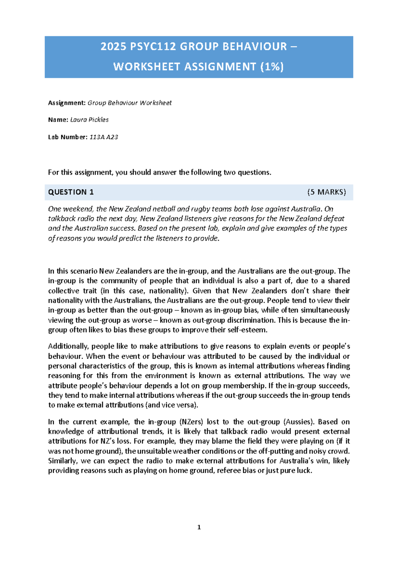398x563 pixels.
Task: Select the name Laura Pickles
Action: click(90, 120)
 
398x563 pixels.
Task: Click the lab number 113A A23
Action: click(104, 137)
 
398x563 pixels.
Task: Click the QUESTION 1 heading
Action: click(71, 192)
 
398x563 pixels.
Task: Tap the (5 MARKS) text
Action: click(326, 192)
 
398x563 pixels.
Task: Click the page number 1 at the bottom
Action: click(199, 527)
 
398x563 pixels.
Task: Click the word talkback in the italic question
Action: click(59, 219)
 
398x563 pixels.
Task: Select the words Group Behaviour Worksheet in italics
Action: click(130, 103)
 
